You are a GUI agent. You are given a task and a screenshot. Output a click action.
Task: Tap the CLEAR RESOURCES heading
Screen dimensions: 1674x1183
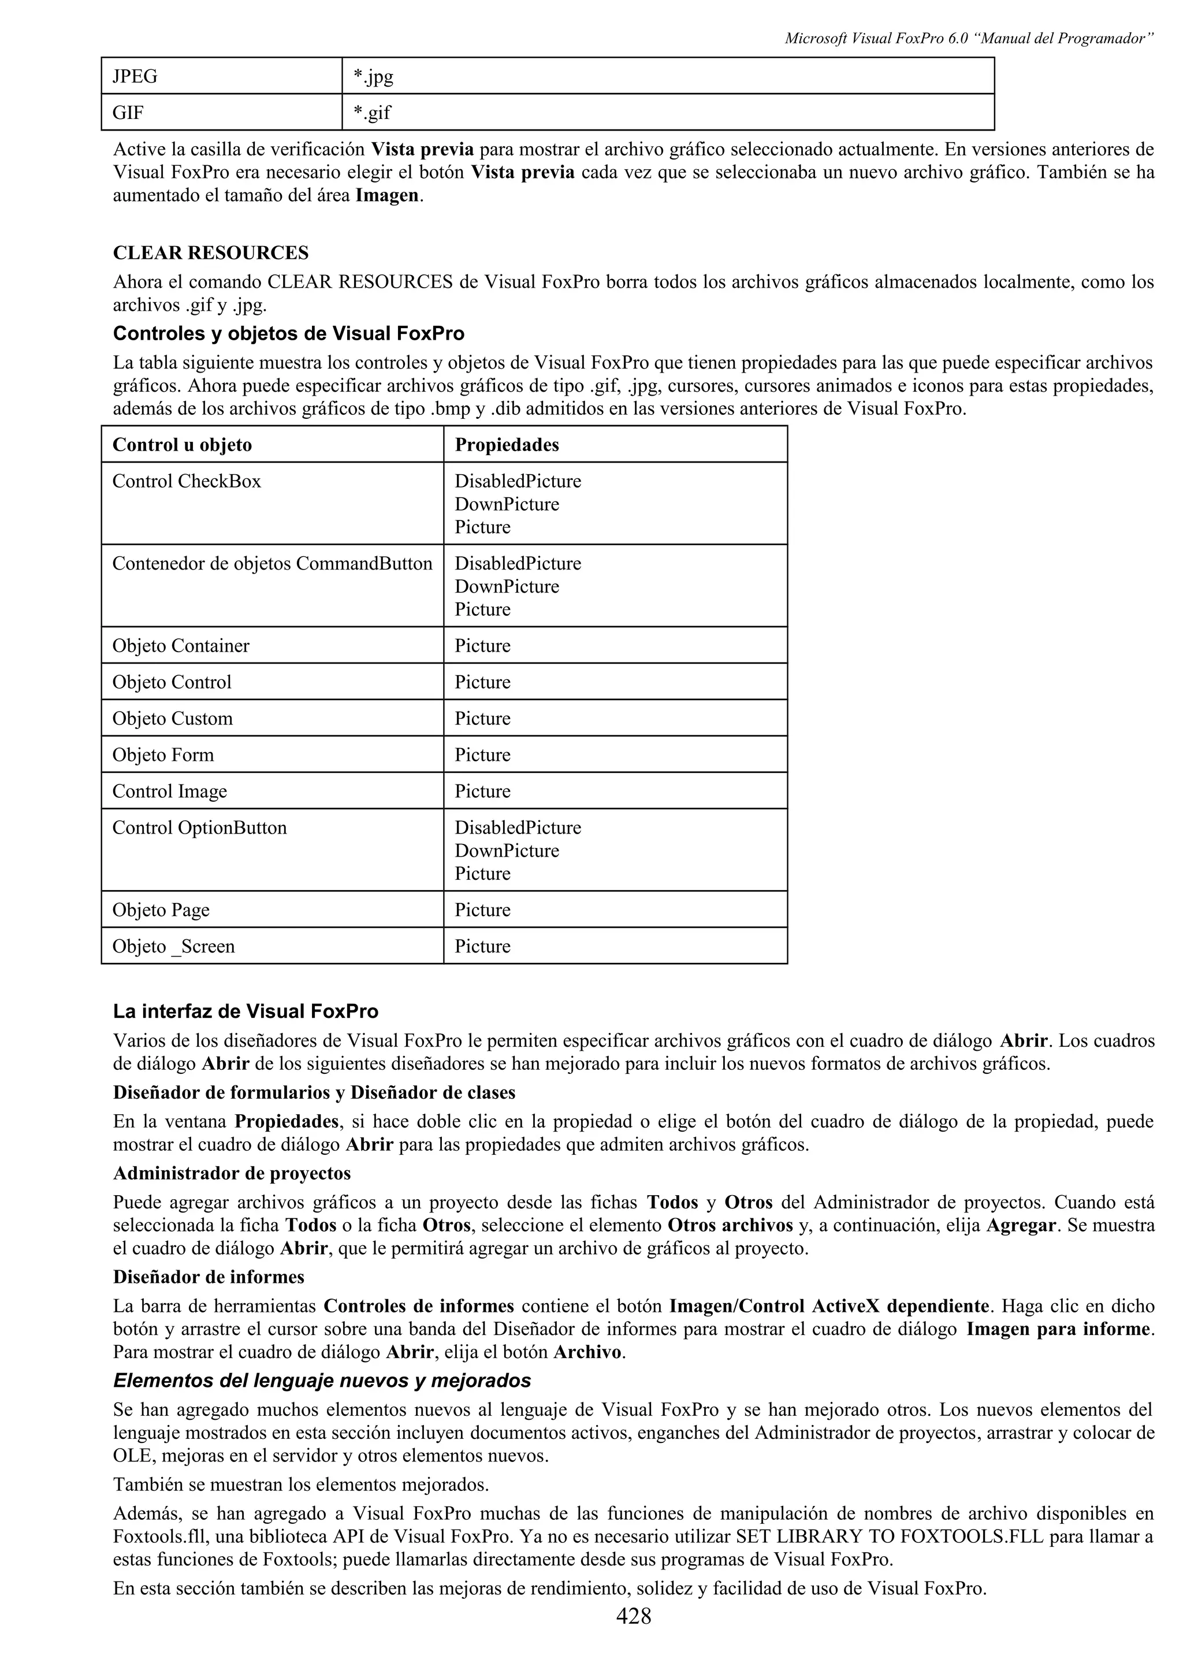[x=211, y=253]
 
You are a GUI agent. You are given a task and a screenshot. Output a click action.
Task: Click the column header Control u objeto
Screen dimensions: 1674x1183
[x=182, y=445]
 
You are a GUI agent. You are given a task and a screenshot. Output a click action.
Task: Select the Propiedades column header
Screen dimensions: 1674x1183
[x=507, y=445]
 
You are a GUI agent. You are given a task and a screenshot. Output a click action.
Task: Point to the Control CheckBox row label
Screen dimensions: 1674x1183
[x=187, y=481]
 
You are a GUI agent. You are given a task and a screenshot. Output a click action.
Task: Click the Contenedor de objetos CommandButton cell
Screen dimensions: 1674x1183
[x=272, y=564]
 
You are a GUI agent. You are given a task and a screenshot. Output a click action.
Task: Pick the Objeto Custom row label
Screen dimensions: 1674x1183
[x=173, y=718]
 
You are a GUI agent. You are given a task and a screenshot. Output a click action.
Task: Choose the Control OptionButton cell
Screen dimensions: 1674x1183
[x=200, y=828]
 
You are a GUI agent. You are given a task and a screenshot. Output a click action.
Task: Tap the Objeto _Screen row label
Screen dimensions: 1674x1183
[x=173, y=946]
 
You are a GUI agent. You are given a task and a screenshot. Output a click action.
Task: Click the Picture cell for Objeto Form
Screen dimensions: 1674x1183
[x=482, y=754]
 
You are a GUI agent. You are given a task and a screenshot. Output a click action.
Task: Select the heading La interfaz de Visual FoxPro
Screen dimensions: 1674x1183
[x=245, y=1011]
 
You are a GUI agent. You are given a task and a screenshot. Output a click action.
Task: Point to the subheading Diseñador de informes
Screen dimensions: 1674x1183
[x=209, y=1277]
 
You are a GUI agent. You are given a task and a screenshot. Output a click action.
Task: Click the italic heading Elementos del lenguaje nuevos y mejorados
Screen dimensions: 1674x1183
[x=322, y=1380]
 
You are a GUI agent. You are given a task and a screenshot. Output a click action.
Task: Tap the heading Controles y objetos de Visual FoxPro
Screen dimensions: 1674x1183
[x=289, y=334]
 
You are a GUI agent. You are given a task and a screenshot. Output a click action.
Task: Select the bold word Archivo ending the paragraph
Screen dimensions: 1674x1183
[x=587, y=1352]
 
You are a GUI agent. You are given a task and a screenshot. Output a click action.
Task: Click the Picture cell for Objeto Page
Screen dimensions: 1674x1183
[x=482, y=910]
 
